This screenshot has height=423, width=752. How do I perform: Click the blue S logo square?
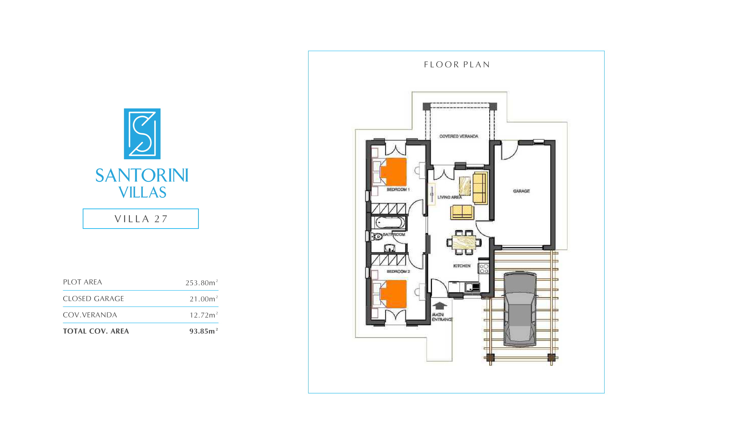(x=142, y=134)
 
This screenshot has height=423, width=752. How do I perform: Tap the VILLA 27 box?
(x=141, y=219)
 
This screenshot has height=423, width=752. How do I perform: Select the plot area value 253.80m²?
(x=202, y=282)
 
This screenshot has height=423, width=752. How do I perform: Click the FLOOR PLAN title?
(x=457, y=65)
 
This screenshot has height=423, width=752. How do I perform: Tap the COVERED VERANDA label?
(x=459, y=136)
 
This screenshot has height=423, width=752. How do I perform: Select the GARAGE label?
(x=521, y=191)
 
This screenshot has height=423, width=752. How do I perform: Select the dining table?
(x=464, y=242)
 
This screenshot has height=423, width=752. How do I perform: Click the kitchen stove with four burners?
(x=483, y=268)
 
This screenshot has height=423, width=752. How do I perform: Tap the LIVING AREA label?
(x=449, y=197)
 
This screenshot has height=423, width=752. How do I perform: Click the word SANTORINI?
(x=142, y=175)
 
